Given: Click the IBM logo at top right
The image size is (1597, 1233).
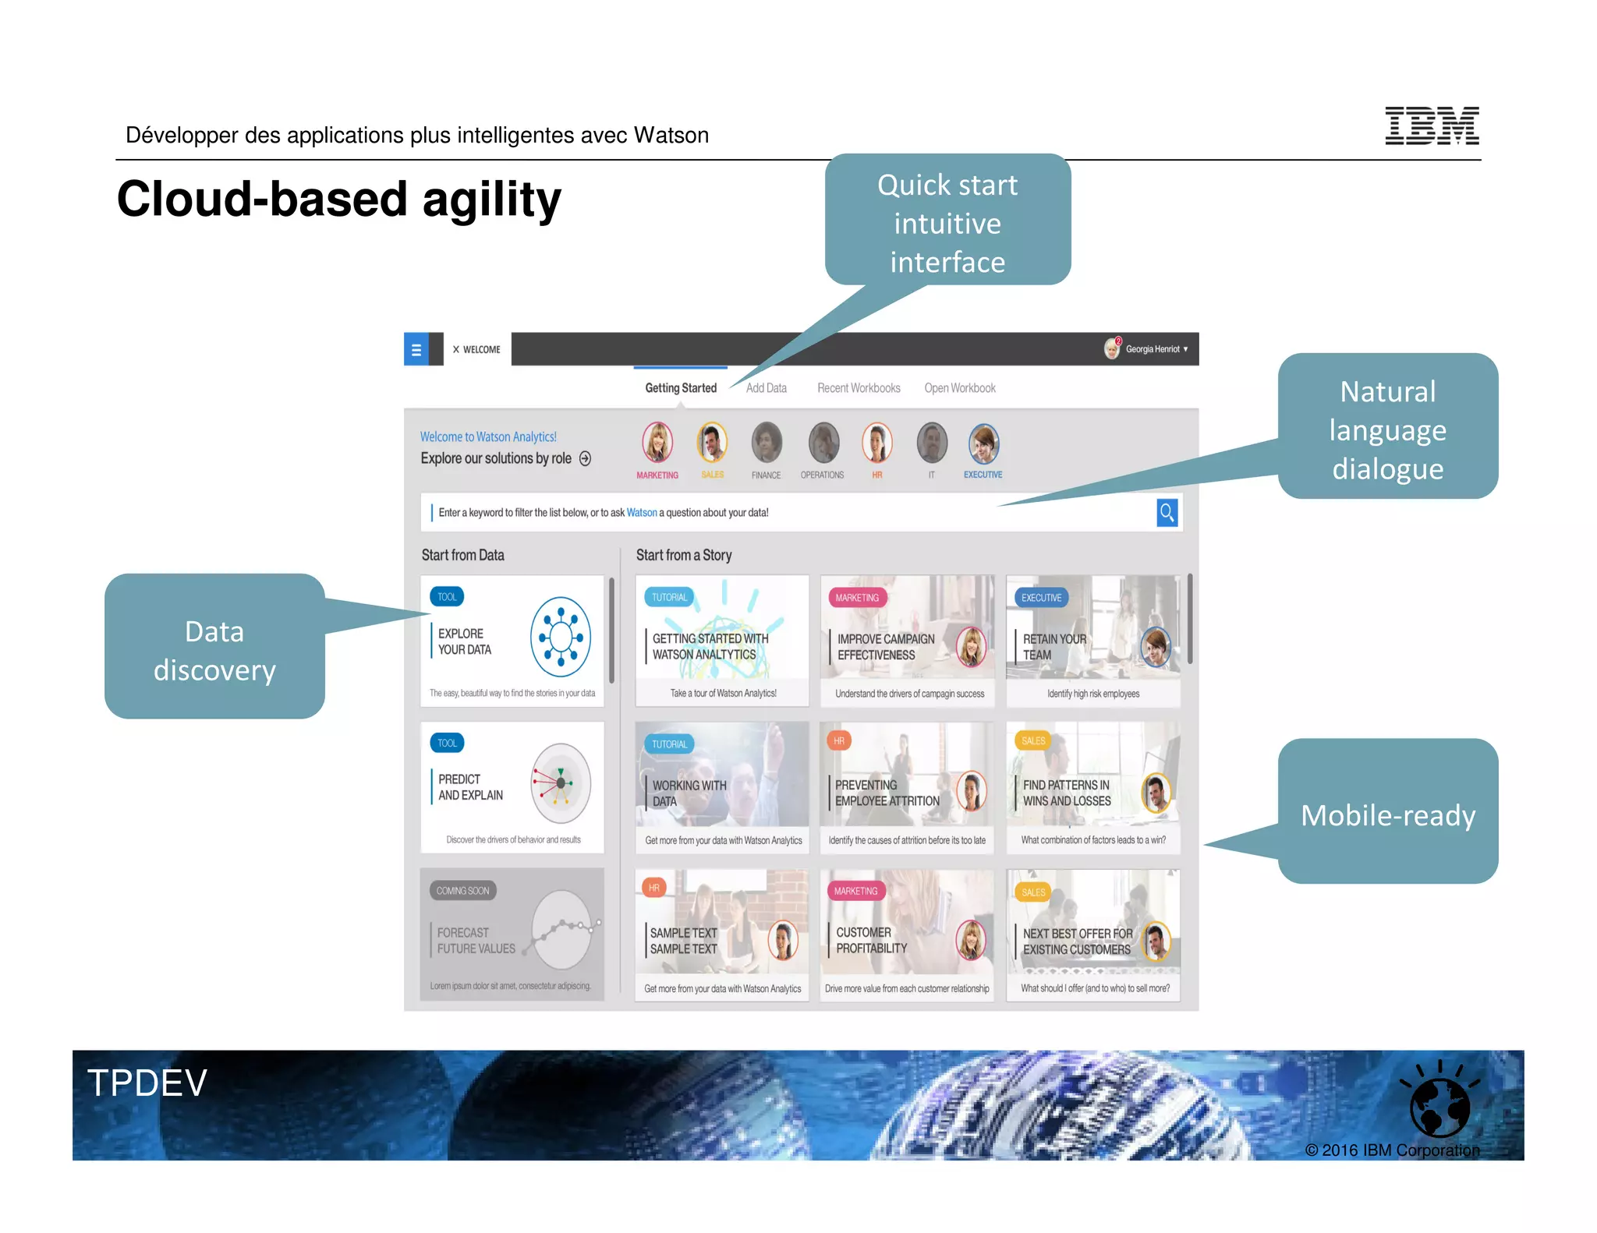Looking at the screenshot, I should coord(1431,125).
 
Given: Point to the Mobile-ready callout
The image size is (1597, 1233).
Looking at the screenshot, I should coord(1387,814).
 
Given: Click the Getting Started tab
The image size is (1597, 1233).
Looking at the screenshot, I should coord(680,387).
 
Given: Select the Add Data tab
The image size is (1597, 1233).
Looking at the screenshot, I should coord(766,387).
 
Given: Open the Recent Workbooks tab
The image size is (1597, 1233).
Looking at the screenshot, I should coord(858,387).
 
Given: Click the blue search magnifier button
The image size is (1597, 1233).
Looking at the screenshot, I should coord(1166,512).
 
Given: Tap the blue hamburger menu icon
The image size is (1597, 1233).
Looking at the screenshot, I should coord(416,349).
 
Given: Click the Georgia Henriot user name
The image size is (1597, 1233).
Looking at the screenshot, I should coord(1152,349).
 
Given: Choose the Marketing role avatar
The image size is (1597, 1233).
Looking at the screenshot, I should coord(657,443).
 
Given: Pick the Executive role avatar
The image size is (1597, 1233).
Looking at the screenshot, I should coord(983,443).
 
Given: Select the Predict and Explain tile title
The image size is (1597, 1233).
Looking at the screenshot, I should coord(469,786).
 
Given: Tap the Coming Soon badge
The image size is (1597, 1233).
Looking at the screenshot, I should coord(462,890).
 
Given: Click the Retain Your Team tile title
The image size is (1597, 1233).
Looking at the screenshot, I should coord(1053,646).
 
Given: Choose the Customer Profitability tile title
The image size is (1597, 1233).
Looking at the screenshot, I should coord(871,940).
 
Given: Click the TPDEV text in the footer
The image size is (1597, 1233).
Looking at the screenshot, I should coord(147,1083).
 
